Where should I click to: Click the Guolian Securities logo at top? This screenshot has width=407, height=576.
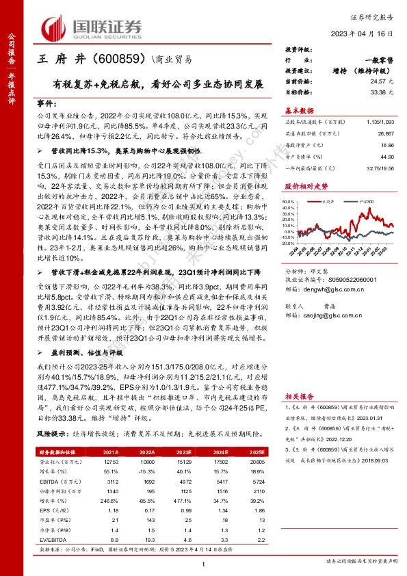[92, 27]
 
